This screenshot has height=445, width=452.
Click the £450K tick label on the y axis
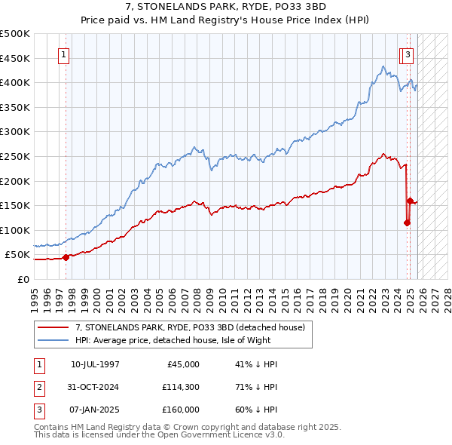pyautogui.click(x=15, y=58)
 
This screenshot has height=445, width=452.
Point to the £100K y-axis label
pyautogui.click(x=15, y=230)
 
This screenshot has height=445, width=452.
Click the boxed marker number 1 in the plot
pyautogui.click(x=64, y=54)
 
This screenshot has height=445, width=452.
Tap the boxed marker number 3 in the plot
pyautogui.click(x=408, y=54)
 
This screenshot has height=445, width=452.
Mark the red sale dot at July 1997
pyautogui.click(x=66, y=257)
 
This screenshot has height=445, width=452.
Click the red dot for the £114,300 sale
pyautogui.click(x=407, y=222)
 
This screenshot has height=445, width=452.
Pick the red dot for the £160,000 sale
pyautogui.click(x=410, y=201)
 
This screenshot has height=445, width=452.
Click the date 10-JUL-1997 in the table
pyautogui.click(x=95, y=364)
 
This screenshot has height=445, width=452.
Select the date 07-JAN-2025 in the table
pyautogui.click(x=95, y=410)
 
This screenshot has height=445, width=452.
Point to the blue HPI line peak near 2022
pyautogui.click(x=383, y=66)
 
